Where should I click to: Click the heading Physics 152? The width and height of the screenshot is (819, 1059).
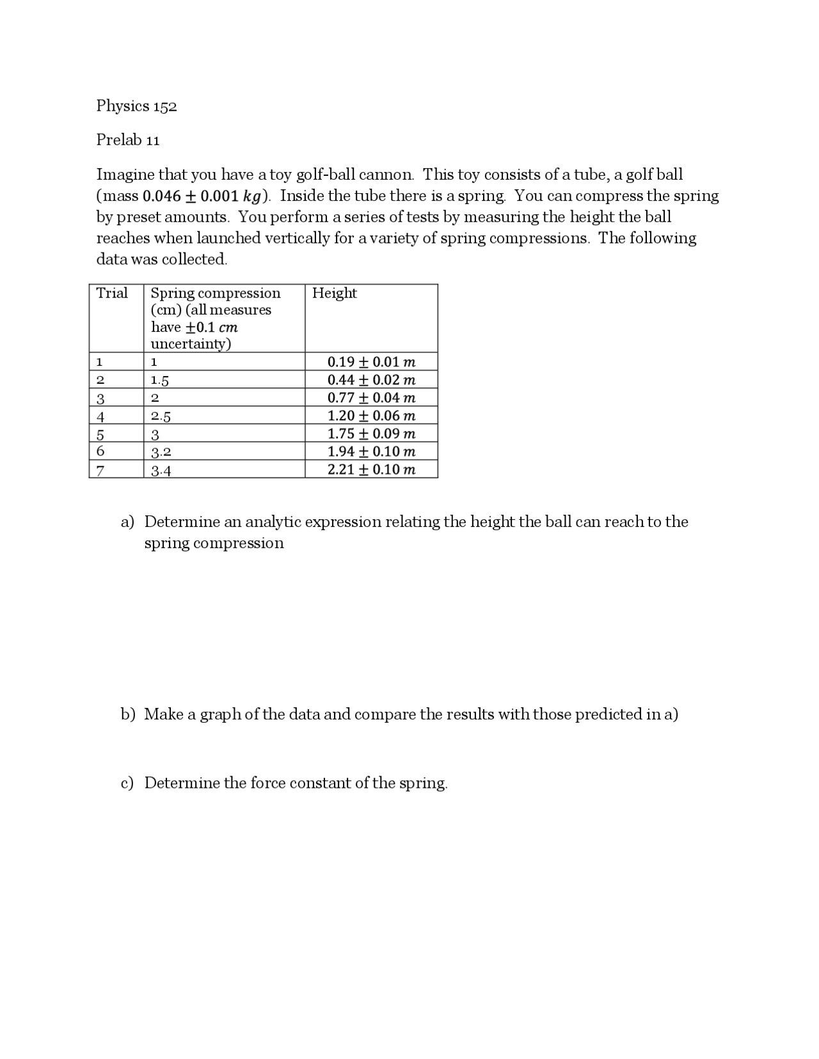click(x=136, y=106)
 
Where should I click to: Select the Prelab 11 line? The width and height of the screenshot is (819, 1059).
click(x=128, y=140)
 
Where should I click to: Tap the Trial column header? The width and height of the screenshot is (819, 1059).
click(x=112, y=293)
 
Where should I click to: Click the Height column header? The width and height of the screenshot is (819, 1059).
click(x=334, y=293)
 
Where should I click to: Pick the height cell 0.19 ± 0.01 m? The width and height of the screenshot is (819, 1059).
click(x=371, y=362)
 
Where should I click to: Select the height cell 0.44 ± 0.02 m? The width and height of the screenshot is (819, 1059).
click(x=371, y=380)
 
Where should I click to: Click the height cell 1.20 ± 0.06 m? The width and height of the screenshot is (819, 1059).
click(x=371, y=416)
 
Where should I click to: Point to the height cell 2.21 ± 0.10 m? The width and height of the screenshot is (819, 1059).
click(x=371, y=469)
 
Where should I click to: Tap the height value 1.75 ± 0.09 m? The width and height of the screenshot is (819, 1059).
click(x=371, y=434)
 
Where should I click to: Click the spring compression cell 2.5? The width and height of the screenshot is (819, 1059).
click(x=161, y=417)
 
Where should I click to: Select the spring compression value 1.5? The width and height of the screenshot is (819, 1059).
click(x=159, y=380)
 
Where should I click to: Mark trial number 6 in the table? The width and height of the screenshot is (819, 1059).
click(x=100, y=451)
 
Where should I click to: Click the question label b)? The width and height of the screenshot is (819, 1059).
click(x=128, y=714)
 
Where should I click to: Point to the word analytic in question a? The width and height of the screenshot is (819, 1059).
click(x=273, y=522)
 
